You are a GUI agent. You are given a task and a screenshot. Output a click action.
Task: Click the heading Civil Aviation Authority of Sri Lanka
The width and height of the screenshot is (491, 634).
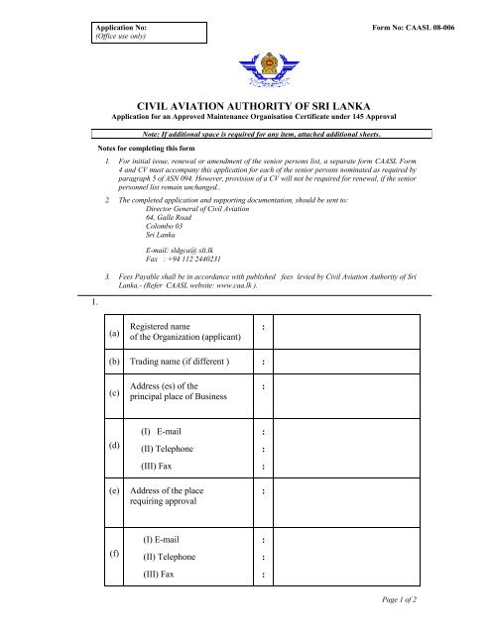(x=245, y=116)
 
